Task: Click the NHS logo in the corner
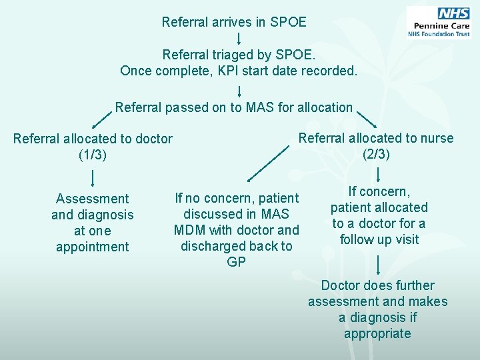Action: [x=439, y=23]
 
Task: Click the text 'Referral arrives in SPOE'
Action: [x=234, y=22]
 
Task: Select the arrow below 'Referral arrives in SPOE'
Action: [x=239, y=38]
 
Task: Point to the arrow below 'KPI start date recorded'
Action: [x=239, y=89]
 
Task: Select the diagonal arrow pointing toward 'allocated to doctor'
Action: [x=101, y=119]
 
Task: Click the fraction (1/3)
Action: [x=93, y=155]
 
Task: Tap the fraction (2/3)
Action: [x=376, y=154]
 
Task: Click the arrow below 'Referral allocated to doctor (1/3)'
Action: [x=92, y=177]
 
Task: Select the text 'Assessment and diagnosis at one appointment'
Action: [x=93, y=222]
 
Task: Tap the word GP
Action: [x=237, y=262]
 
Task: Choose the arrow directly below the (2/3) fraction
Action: [x=378, y=175]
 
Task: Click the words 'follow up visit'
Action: [x=379, y=239]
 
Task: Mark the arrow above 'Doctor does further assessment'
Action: [x=378, y=265]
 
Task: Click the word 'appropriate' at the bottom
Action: [x=377, y=333]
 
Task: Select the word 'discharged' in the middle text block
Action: [x=213, y=246]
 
